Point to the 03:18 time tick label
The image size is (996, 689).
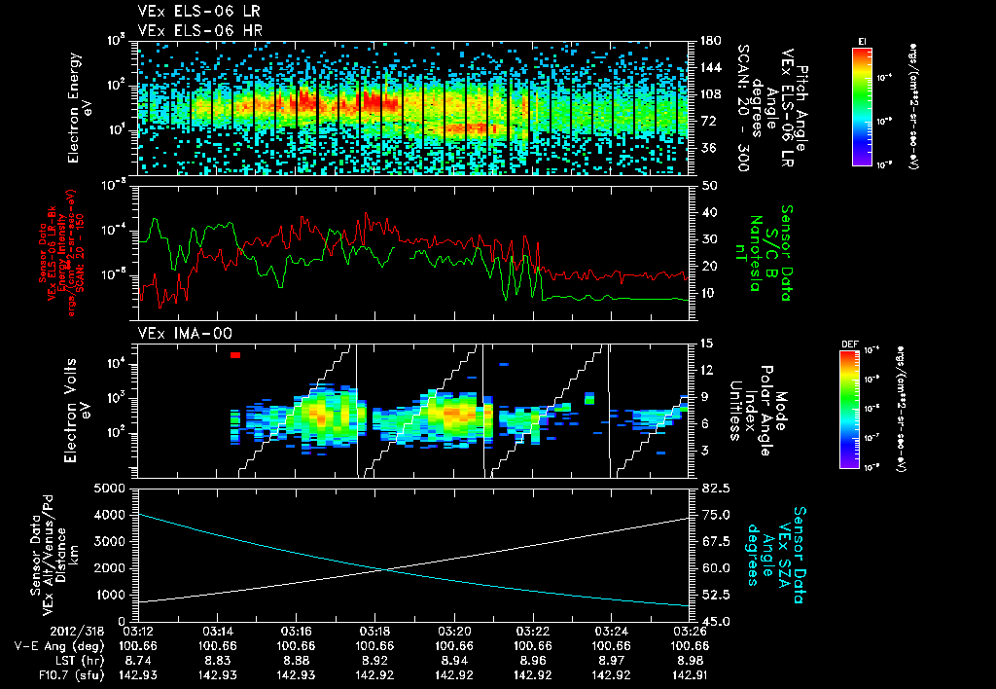tap(374, 631)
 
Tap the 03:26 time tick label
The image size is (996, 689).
tap(690, 631)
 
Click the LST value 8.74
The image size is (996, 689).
tap(138, 659)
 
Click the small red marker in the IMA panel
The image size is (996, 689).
tap(235, 355)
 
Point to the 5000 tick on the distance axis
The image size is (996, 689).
tap(116, 488)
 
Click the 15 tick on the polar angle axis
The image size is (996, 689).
tap(700, 344)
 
